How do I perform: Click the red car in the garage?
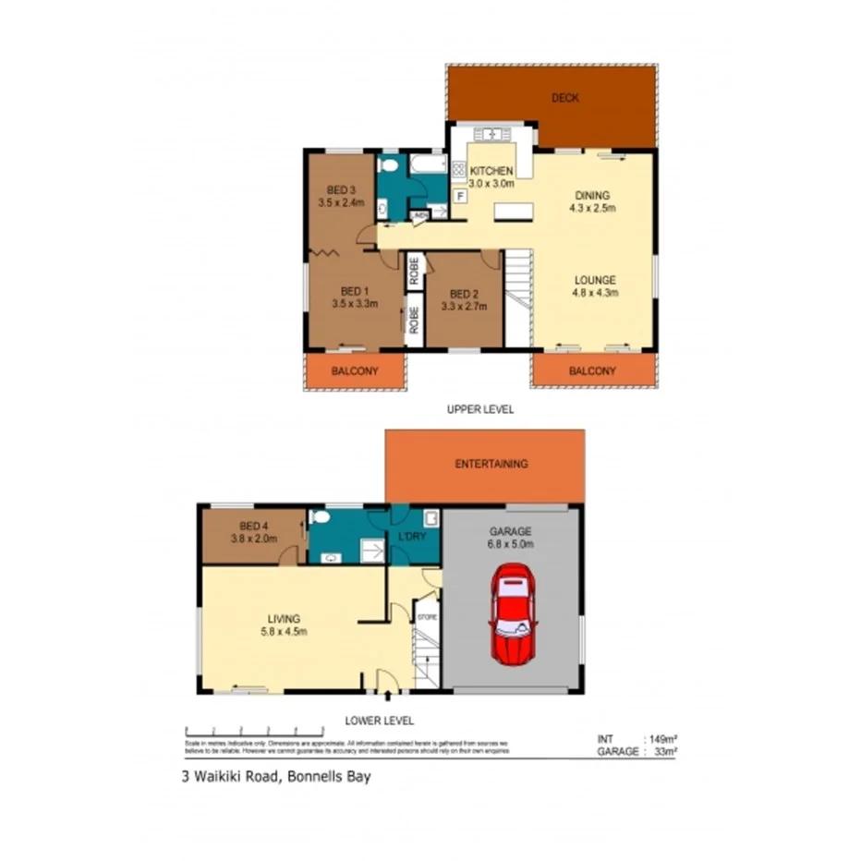coord(511,616)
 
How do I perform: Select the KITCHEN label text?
coord(491,171)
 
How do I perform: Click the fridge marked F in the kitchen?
coord(459,196)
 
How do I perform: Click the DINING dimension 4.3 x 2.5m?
coord(592,208)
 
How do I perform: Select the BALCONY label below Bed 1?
coord(355,371)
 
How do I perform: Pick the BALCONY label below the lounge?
coord(592,371)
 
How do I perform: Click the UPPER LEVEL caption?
coord(479,409)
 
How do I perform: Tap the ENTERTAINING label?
coord(491,464)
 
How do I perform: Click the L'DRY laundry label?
coord(410,538)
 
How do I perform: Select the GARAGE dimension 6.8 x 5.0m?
coord(510,544)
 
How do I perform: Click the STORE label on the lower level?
coord(426,616)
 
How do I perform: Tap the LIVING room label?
coord(284,619)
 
